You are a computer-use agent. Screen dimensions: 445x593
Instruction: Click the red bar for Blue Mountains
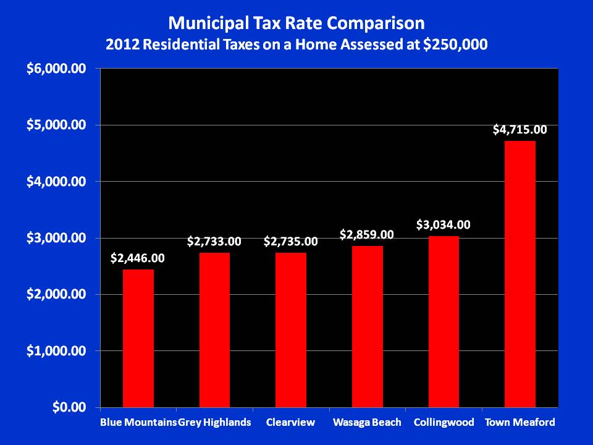[138, 339]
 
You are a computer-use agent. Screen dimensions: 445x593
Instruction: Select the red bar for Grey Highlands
[214, 330]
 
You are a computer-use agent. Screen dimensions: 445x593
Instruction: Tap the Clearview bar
[291, 330]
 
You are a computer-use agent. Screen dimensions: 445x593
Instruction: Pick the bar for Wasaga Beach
[368, 327]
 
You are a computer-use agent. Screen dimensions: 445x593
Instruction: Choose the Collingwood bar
[444, 321]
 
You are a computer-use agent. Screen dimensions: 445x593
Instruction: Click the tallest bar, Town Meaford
[520, 274]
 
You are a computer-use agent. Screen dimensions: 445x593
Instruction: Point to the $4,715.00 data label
[520, 130]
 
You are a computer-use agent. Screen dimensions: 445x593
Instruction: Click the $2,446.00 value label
[138, 258]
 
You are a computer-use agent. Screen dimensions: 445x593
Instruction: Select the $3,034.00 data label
[444, 225]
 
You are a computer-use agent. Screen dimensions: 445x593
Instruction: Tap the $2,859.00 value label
[368, 235]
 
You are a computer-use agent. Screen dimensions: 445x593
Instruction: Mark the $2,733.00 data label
[214, 242]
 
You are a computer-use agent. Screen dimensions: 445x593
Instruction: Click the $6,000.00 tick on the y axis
[55, 69]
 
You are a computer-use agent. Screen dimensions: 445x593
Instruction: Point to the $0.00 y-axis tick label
[69, 407]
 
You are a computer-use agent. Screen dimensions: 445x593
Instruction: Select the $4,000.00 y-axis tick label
[55, 182]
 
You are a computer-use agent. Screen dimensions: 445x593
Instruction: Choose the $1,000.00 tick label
[55, 351]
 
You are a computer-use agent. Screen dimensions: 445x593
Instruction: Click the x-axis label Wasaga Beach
[367, 423]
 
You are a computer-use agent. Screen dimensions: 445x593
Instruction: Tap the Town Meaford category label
[520, 423]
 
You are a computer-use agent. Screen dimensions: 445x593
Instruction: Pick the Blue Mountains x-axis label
[138, 423]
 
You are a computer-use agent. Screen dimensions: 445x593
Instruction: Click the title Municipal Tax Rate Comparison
[296, 23]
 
